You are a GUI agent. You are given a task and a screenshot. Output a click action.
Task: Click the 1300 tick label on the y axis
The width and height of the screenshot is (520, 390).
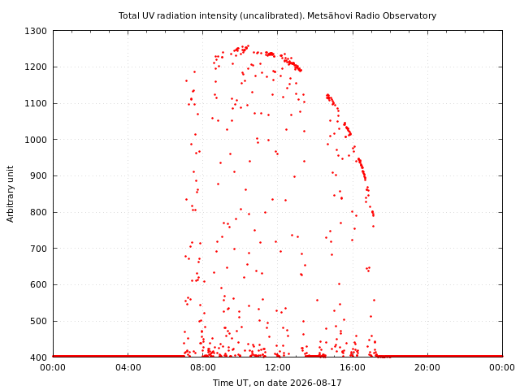point(36,31)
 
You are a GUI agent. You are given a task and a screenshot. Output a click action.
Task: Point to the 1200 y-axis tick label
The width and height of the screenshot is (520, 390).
point(36,67)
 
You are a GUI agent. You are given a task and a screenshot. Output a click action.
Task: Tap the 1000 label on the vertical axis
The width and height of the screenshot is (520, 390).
point(36,140)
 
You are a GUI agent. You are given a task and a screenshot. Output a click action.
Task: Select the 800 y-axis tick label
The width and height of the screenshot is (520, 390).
point(38,212)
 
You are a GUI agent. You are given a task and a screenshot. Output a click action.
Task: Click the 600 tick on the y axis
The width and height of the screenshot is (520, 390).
point(38,285)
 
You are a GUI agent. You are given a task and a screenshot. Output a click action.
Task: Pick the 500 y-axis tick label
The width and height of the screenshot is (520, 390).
point(38,322)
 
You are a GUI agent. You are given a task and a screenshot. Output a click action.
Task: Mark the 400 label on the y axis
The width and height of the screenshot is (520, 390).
point(38,357)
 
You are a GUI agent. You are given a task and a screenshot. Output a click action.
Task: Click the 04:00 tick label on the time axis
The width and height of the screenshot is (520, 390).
point(128,367)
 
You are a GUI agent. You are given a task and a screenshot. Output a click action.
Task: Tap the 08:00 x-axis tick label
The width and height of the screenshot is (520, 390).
point(203,367)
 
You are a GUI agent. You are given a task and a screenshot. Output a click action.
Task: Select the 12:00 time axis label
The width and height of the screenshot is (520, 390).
point(278,367)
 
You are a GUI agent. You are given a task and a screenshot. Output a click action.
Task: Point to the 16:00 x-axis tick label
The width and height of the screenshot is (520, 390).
point(353,367)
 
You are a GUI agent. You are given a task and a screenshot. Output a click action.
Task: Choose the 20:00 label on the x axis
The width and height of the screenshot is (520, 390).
point(427,367)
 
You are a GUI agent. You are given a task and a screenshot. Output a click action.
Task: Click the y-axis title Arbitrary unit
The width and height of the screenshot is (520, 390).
point(11,194)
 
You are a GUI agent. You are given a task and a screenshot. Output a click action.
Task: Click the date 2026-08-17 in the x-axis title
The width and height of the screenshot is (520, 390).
point(316,383)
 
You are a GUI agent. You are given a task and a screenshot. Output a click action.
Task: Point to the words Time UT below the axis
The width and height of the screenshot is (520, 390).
point(230,383)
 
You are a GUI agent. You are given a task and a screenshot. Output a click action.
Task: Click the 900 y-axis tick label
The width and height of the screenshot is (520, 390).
point(38,176)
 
